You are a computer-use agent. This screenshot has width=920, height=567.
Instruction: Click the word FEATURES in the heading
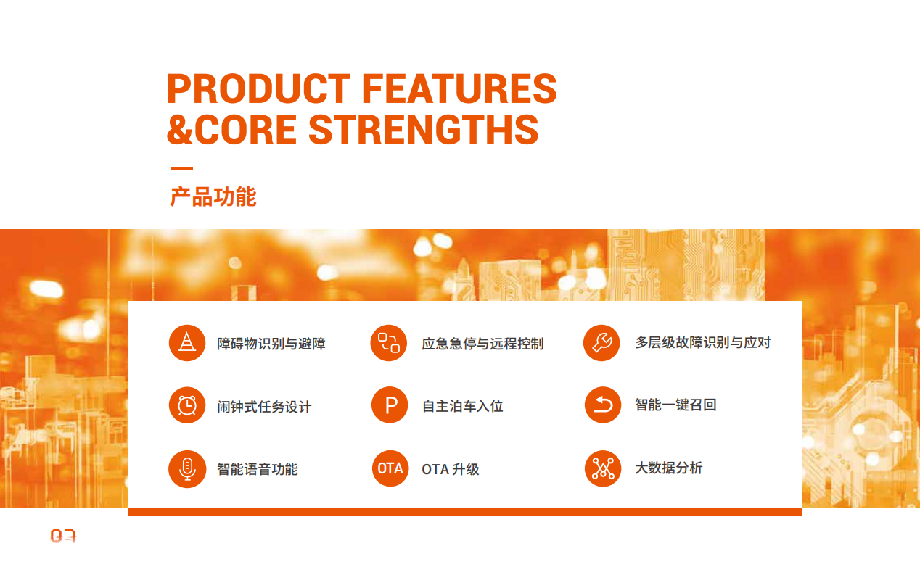click(x=459, y=88)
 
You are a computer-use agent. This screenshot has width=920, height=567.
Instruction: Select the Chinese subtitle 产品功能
click(x=213, y=196)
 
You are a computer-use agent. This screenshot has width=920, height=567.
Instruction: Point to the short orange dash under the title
click(x=181, y=168)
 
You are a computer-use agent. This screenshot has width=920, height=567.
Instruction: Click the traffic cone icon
click(x=187, y=343)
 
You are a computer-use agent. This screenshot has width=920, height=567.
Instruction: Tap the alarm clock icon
click(x=187, y=405)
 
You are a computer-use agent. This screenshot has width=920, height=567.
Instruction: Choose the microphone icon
click(x=187, y=469)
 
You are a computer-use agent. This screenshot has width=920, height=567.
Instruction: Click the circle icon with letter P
click(x=390, y=405)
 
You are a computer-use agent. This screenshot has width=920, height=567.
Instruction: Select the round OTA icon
click(x=390, y=468)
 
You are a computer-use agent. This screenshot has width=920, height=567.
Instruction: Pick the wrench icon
click(x=601, y=343)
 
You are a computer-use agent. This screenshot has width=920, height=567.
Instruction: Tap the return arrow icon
click(x=603, y=405)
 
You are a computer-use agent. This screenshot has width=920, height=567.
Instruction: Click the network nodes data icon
click(x=603, y=468)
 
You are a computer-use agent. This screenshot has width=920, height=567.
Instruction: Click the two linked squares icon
click(x=389, y=343)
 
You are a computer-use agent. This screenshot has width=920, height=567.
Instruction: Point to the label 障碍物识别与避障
click(x=271, y=344)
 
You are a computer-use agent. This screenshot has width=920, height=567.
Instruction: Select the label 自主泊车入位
click(x=463, y=406)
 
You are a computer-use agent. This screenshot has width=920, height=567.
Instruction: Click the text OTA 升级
click(x=451, y=469)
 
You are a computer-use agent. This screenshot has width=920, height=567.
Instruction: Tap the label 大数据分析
click(x=669, y=468)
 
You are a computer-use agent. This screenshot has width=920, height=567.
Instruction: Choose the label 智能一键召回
click(x=675, y=405)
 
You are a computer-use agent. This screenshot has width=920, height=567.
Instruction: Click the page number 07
click(x=63, y=536)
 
